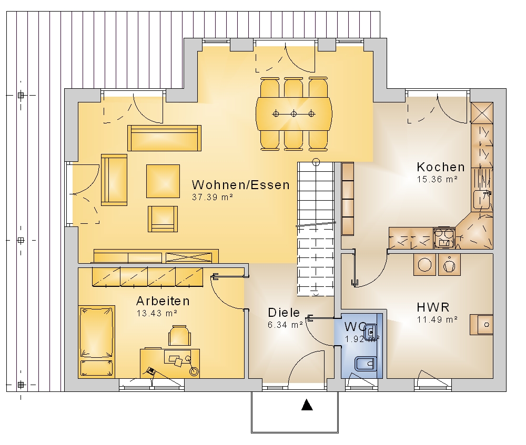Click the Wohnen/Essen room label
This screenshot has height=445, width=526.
pyautogui.click(x=240, y=185)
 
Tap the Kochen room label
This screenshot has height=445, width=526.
pyautogui.click(x=441, y=167)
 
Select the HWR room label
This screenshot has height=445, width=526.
pyautogui.click(x=433, y=307)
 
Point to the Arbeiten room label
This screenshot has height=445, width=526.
pyautogui.click(x=163, y=301)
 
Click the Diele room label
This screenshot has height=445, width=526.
pyautogui.click(x=284, y=313)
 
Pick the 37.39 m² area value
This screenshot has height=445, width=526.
pyautogui.click(x=213, y=197)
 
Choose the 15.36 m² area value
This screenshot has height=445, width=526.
pyautogui.click(x=437, y=179)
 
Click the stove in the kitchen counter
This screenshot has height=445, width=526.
pyautogui.click(x=444, y=238)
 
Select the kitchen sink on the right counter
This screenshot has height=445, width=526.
pyautogui.click(x=482, y=200)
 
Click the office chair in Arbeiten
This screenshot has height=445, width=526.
pyautogui.click(x=179, y=335)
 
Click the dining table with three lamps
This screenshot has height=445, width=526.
pyautogui.click(x=294, y=114)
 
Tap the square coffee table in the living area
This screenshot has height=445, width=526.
pyautogui.click(x=163, y=181)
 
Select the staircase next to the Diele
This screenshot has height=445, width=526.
pyautogui.click(x=316, y=229)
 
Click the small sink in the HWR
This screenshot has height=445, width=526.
pyautogui.click(x=481, y=324)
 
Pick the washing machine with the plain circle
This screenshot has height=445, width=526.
pyautogui.click(x=424, y=264)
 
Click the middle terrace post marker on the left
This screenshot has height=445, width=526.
pyautogui.click(x=21, y=240)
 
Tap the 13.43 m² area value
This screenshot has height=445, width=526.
pyautogui.click(x=157, y=313)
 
